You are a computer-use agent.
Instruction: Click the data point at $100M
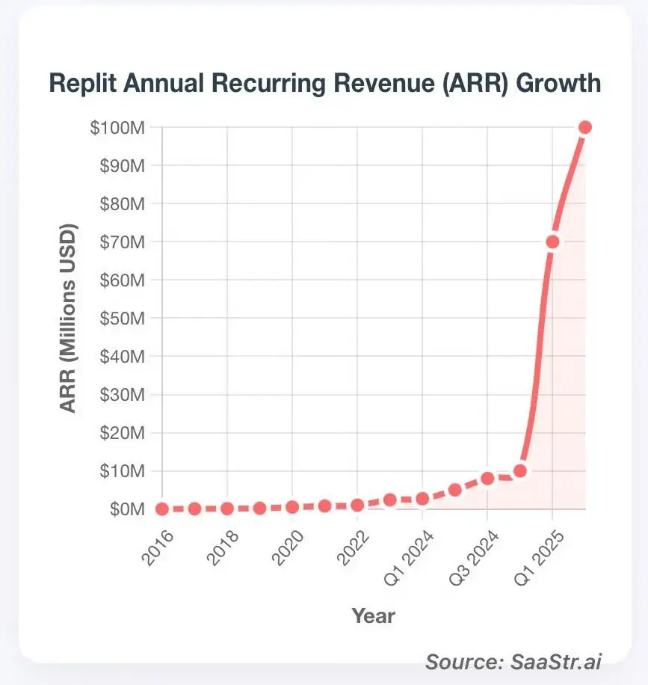(585, 127)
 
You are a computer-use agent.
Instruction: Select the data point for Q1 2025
(552, 242)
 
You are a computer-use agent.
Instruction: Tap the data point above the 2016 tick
(162, 509)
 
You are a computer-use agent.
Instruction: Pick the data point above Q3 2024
(487, 479)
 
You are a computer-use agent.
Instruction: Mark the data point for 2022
(357, 505)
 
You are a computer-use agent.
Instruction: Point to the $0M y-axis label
(124, 509)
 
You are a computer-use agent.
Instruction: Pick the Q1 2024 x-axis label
(402, 557)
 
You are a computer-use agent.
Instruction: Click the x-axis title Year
(373, 616)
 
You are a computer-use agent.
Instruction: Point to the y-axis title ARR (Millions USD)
(68, 318)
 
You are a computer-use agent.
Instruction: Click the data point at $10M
(520, 471)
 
